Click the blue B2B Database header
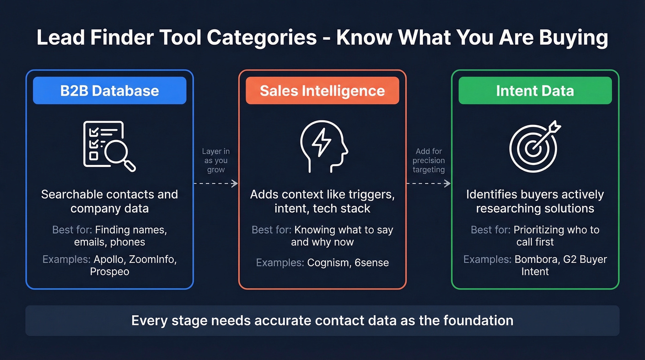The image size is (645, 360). point(110,90)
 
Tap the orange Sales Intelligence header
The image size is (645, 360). point(322,90)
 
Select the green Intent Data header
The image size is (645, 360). point(535,90)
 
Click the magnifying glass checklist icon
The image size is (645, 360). point(109,146)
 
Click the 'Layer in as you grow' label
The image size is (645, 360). point(216,160)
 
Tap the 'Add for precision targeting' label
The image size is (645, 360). point(428,160)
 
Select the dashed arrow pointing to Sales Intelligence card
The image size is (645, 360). point(216,183)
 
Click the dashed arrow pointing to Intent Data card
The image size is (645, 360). point(428,183)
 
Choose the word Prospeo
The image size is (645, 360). point(110,271)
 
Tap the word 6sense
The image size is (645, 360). point(371,263)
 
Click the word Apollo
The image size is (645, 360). point(109,260)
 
